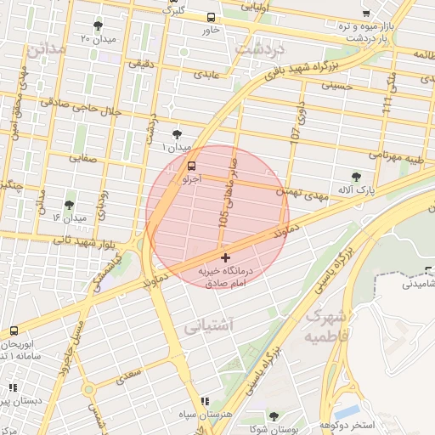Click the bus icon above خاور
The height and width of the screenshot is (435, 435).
pyautogui.click(x=211, y=16)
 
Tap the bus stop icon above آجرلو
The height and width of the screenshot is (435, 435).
pyautogui.click(x=191, y=167)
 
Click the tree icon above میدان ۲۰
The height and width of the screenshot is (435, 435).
pyautogui.click(x=98, y=25)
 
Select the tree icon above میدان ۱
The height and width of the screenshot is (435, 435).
pyautogui.click(x=177, y=133)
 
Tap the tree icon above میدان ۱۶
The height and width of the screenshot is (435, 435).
pyautogui.click(x=69, y=205)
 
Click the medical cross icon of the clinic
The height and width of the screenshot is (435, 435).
pyautogui.click(x=224, y=257)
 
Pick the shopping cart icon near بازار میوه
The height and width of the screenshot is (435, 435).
pyautogui.click(x=366, y=13)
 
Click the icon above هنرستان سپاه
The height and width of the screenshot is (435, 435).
pyautogui.click(x=204, y=401)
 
